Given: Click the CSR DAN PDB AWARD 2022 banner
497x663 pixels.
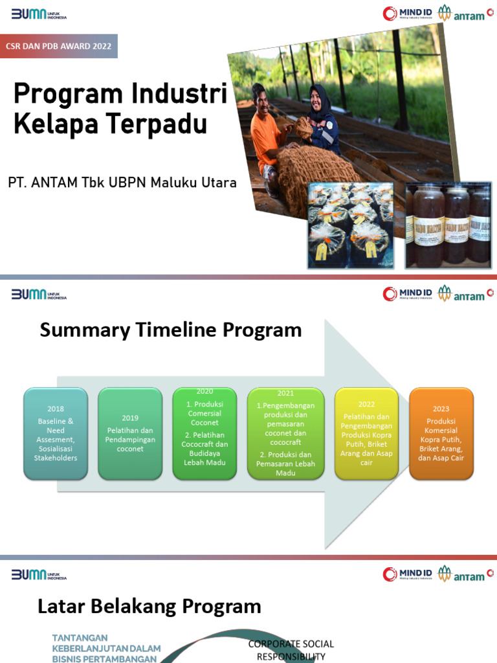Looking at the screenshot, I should [58, 47].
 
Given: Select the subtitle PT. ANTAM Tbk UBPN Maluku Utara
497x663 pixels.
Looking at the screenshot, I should [122, 183].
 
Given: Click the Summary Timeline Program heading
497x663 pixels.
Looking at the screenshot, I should [171, 330].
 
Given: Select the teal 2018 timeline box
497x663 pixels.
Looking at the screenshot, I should [56, 433].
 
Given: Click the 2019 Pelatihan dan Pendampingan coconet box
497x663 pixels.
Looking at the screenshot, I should [130, 433].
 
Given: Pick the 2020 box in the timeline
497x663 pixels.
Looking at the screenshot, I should [204, 433].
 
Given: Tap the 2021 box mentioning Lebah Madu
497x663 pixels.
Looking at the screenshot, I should [285, 433].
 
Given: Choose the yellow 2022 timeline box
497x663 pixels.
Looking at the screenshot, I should [366, 433].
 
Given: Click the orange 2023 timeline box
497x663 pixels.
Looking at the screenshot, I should [441, 433].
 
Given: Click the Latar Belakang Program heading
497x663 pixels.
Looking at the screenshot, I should [149, 607].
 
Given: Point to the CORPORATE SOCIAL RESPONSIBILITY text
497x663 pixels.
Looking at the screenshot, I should [291, 650].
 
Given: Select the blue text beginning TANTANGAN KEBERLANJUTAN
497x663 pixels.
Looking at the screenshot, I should [106, 648].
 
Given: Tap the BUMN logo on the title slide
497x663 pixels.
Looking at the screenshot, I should [39, 14].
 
